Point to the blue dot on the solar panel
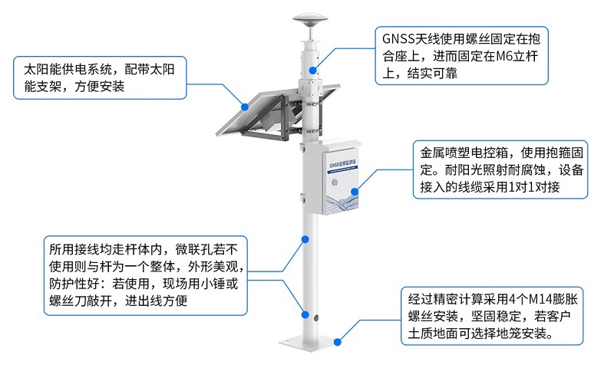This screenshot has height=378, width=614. coord(244,105)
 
